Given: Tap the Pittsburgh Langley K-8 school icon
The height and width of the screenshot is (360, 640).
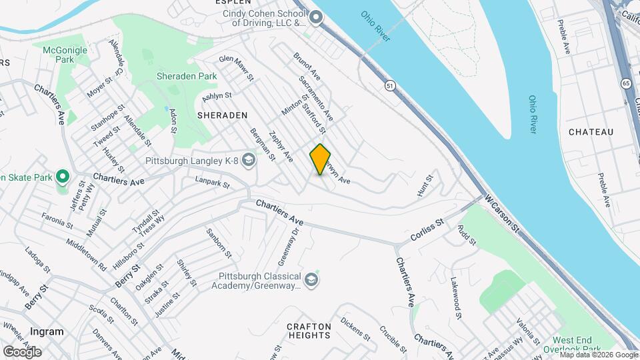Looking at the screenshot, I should pos(249,160).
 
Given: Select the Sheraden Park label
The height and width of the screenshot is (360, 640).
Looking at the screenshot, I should pos(187,76).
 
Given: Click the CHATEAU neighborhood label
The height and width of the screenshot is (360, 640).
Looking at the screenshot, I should pos(591,132).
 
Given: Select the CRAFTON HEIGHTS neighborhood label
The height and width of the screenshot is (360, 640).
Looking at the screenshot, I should pos(309,331).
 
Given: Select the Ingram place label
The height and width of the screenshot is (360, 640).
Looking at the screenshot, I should pos(47,331).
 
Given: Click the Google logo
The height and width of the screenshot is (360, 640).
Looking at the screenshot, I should pos(22,351).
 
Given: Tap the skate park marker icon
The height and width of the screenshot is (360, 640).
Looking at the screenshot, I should pos(63,177).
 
